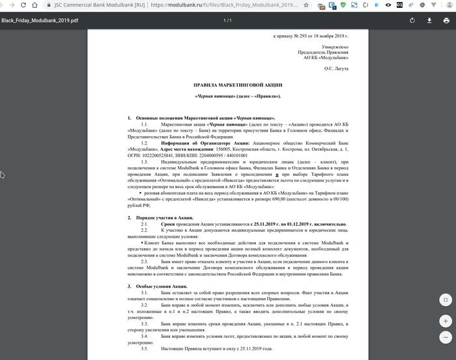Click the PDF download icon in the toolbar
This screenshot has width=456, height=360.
[429, 20]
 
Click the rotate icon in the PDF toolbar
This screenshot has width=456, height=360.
[412, 20]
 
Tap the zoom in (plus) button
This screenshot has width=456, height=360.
[445, 322]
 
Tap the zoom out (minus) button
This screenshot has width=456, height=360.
[445, 338]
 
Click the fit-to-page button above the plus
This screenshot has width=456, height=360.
[445, 300]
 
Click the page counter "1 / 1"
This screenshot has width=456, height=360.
[227, 20]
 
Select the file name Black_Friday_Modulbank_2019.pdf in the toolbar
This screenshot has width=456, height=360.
[40, 20]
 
